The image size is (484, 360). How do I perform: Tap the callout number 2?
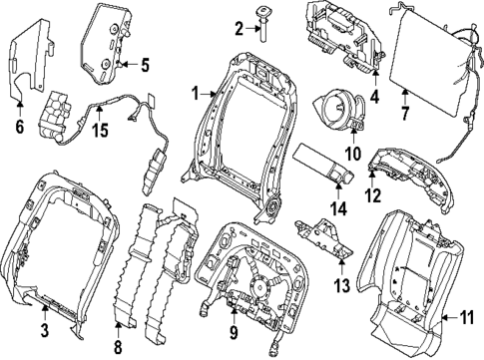(x=239, y=27)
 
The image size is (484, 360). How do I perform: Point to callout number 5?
(x=144, y=66)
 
